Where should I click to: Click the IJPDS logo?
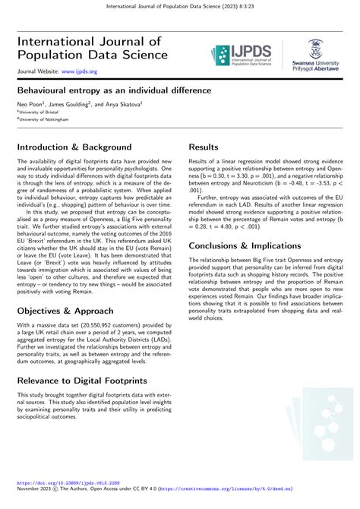(x=242, y=54)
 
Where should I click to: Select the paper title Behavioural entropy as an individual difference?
(x=113, y=89)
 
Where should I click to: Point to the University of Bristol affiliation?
(x=38, y=111)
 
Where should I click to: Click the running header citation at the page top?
(x=179, y=7)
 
